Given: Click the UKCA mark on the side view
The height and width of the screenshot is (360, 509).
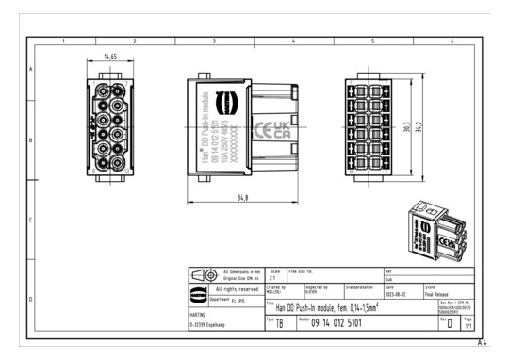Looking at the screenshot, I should (x=282, y=126).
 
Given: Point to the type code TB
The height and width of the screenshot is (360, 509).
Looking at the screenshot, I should (x=280, y=323).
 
